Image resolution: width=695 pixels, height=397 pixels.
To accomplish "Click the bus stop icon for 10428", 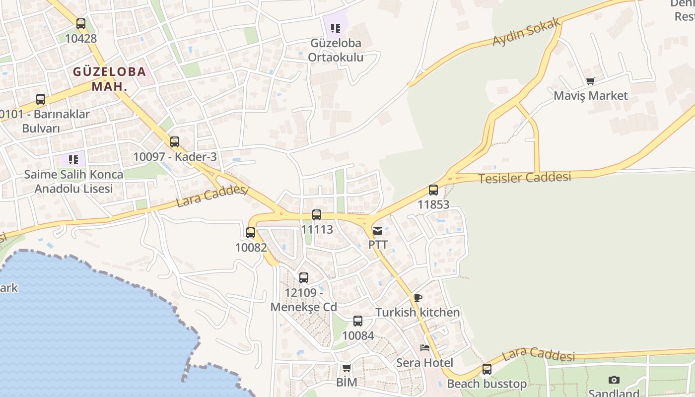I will (81, 23).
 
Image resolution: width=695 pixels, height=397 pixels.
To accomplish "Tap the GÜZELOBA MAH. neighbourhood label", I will (110, 78).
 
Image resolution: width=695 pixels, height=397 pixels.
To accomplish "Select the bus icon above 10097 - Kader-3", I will (174, 142).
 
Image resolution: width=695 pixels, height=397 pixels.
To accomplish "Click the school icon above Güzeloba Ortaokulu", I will (336, 28).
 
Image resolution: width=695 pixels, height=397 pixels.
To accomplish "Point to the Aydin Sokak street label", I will (527, 32).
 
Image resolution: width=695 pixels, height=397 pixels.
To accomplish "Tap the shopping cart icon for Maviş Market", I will (590, 81).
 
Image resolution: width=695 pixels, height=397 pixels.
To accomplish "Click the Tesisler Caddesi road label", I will (524, 177).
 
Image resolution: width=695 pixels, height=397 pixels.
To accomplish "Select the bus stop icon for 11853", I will (433, 190).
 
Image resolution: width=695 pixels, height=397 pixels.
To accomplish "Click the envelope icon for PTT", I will (378, 230).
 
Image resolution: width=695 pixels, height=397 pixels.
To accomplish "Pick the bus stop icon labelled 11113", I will (317, 215).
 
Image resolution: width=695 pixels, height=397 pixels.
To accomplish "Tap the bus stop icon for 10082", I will (251, 232).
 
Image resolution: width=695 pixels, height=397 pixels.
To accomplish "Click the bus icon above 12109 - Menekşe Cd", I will (304, 278).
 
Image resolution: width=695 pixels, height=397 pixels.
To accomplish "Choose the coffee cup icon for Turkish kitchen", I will (417, 298).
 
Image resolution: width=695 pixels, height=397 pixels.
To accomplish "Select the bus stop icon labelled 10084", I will (358, 321).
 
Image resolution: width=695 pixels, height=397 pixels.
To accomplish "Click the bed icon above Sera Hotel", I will (424, 347).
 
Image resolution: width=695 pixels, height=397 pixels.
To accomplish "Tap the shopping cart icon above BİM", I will (347, 368).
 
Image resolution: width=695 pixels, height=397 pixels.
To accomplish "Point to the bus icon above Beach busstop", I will (486, 369).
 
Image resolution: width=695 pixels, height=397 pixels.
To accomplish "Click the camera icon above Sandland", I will (614, 380).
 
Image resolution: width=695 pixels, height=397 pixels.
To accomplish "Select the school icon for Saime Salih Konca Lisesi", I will (73, 160).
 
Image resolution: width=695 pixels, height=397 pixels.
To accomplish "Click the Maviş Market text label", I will (591, 96).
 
